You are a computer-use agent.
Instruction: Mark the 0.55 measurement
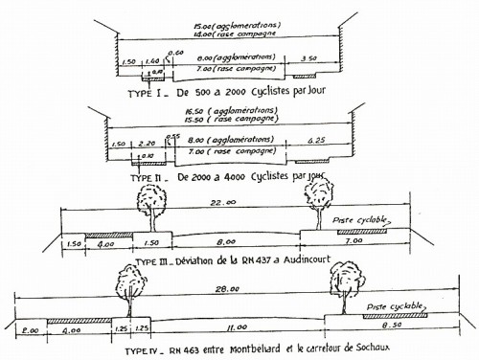(173, 136)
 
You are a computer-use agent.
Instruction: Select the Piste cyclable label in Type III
(356, 220)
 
